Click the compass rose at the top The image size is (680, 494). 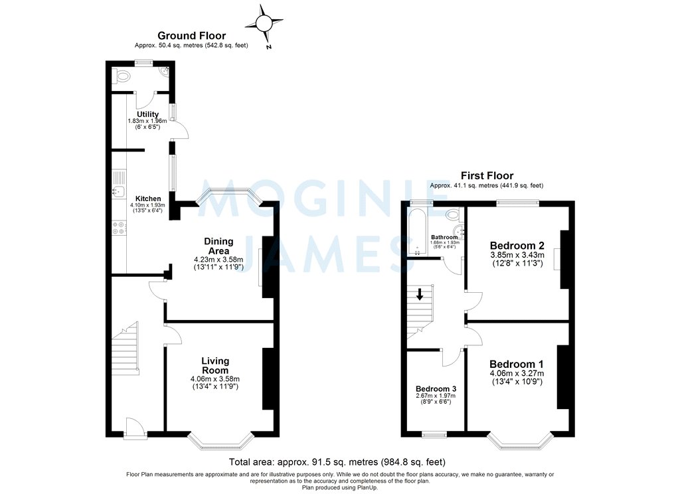pyautogui.click(x=264, y=24)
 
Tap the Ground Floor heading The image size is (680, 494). pyautogui.click(x=191, y=36)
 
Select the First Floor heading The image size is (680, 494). pyautogui.click(x=486, y=176)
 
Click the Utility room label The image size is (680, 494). pyautogui.click(x=147, y=114)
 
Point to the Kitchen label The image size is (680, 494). pyautogui.click(x=148, y=199)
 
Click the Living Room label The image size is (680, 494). pyautogui.click(x=215, y=366)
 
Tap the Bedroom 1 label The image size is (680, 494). pyautogui.click(x=516, y=364)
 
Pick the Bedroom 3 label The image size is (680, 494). pyautogui.click(x=436, y=389)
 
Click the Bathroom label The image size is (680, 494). pyautogui.click(x=444, y=237)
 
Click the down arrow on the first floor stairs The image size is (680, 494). pyautogui.click(x=419, y=293)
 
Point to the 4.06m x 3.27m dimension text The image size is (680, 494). pyautogui.click(x=517, y=373)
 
